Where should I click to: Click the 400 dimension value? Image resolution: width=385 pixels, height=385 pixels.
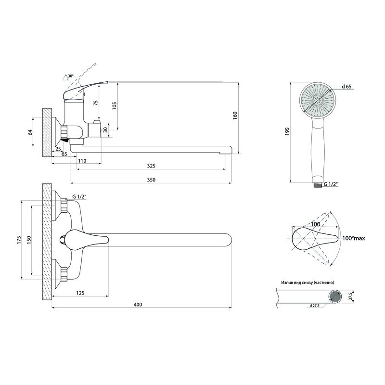click(138, 305)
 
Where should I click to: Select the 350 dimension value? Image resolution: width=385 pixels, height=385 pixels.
click(151, 180)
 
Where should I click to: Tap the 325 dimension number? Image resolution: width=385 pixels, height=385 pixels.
click(151, 166)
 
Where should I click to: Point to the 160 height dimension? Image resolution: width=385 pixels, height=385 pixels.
click(235, 115)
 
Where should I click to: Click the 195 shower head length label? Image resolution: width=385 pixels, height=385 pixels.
click(287, 131)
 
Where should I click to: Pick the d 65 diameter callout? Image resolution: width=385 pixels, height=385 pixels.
click(346, 87)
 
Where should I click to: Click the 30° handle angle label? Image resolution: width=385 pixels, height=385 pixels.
click(70, 76)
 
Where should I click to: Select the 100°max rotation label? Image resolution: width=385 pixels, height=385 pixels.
click(354, 238)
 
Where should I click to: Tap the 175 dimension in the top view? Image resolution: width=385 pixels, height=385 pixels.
click(19, 240)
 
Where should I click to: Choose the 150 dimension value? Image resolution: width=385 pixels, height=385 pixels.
click(29, 240)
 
